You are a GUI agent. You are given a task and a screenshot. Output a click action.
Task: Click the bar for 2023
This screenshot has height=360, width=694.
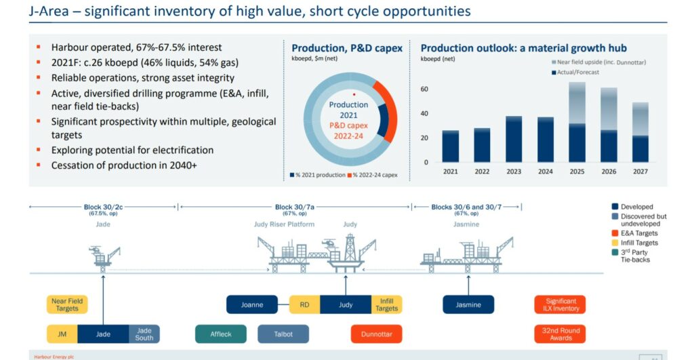click(x=514, y=139)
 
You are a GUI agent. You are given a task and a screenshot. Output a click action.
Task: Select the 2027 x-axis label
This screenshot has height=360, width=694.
click(x=641, y=172)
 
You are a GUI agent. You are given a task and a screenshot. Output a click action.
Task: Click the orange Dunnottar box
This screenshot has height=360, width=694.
click(x=376, y=334)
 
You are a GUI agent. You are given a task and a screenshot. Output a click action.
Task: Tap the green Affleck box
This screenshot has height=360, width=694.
click(x=220, y=334)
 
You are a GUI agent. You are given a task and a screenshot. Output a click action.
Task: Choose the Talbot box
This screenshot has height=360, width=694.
click(x=283, y=334)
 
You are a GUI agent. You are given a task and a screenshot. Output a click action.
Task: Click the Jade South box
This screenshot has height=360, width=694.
click(x=144, y=334)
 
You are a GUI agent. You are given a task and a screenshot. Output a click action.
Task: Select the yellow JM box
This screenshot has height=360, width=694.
click(x=62, y=334)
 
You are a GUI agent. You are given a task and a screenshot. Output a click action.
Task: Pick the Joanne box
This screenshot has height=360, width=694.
click(x=251, y=304)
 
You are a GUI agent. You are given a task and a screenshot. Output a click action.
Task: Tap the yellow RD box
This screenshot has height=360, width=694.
click(x=304, y=304)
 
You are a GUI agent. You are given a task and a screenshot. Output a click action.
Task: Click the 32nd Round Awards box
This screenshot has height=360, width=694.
click(x=560, y=334)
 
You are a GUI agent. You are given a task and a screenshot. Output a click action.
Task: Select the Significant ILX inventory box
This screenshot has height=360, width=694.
click(x=560, y=304)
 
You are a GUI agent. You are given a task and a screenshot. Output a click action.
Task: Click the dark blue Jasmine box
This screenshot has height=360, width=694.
click(x=468, y=304)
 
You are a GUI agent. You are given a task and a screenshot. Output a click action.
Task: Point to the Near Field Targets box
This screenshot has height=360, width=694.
click(x=67, y=304)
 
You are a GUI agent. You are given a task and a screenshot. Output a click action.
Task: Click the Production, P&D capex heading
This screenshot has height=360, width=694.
click(x=346, y=48)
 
